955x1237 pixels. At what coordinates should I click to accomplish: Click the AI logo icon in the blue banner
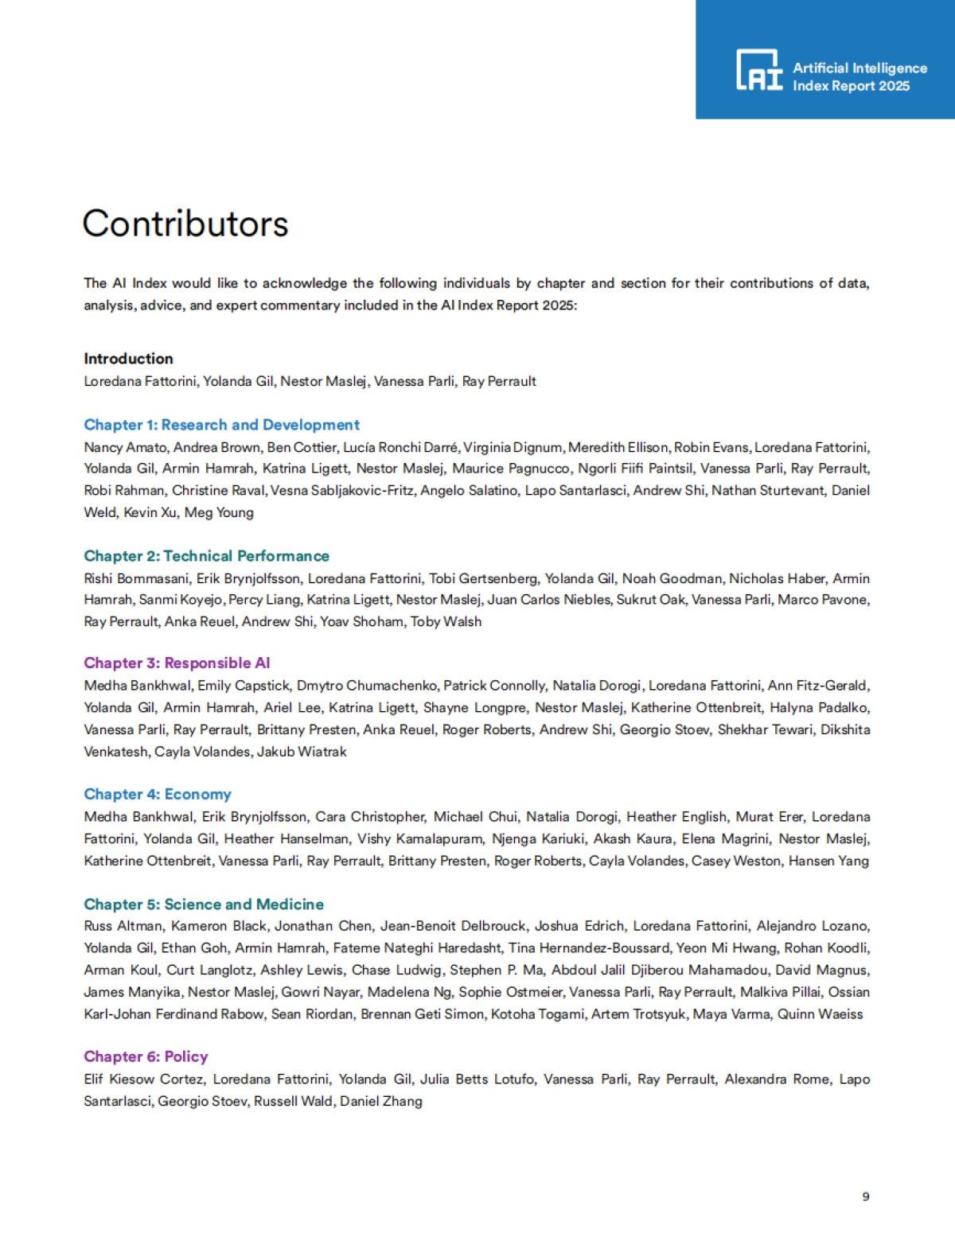coord(759,70)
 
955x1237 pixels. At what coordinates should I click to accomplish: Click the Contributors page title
coord(185,224)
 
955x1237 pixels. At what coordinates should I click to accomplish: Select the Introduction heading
coord(128,359)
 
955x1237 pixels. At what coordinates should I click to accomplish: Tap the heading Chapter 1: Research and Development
coord(221,425)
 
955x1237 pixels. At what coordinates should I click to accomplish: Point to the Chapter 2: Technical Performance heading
coord(206,556)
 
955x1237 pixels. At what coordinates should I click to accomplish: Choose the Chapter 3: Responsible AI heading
coord(177,663)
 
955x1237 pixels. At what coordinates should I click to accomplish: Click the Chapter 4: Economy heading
coord(158,794)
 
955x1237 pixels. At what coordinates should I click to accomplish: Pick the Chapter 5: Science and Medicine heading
coord(204,904)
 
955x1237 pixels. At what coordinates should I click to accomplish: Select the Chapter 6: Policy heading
coord(146,1056)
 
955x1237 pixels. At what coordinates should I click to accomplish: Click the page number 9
coord(866,1196)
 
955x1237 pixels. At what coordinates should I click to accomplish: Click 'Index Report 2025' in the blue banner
coord(851,86)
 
